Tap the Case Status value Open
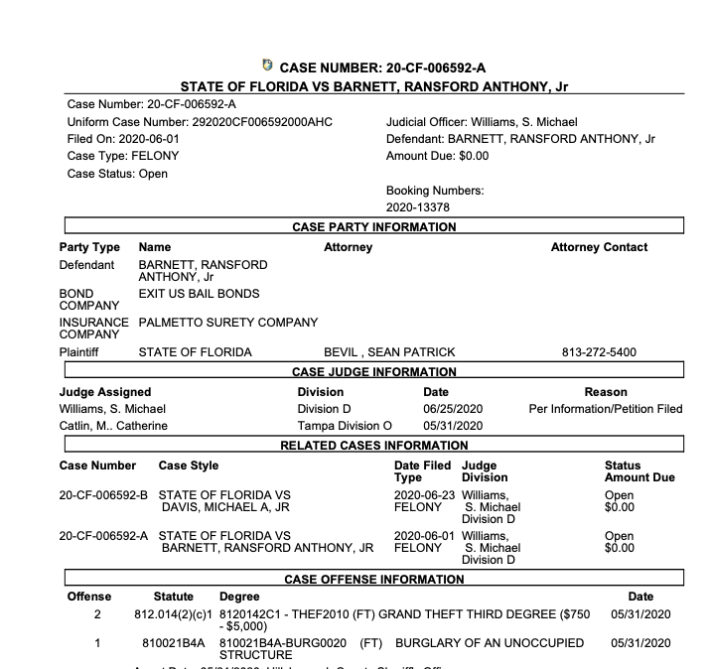tap(153, 174)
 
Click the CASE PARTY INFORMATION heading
tap(373, 227)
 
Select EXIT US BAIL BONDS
tap(199, 294)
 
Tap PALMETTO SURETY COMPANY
tap(228, 323)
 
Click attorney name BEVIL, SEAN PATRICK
tap(389, 352)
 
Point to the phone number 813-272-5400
tap(599, 352)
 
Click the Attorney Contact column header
tap(599, 247)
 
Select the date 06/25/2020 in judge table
tap(452, 409)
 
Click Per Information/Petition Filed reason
tap(606, 409)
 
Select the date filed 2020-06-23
tap(422, 494)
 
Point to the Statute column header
tap(174, 597)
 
